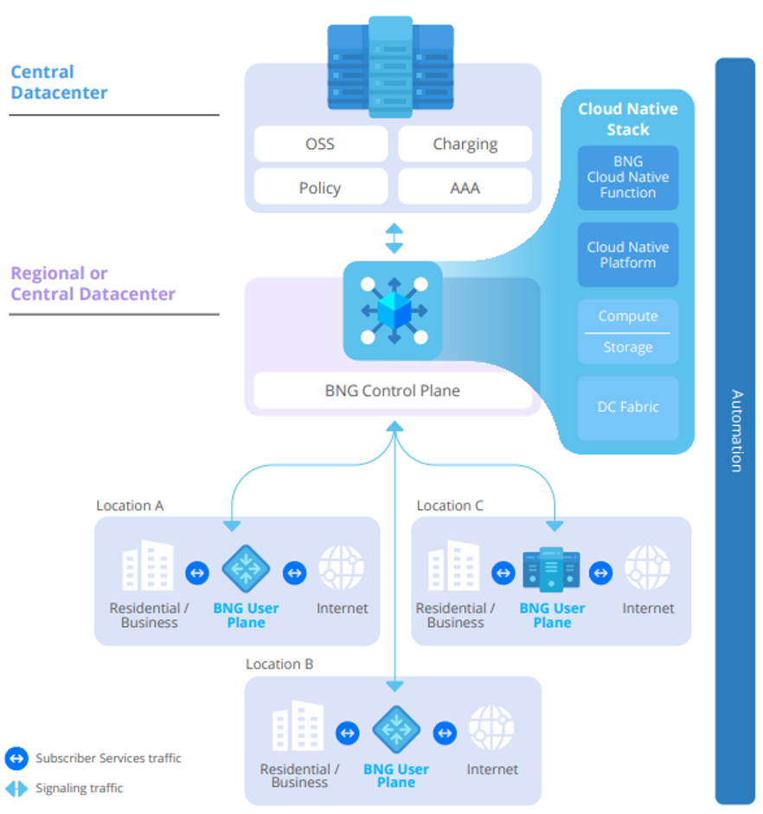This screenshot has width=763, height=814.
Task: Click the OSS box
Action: click(319, 144)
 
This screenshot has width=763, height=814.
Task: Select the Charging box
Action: click(465, 144)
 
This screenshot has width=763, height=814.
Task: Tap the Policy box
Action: click(319, 187)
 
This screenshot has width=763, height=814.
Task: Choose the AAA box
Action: click(465, 187)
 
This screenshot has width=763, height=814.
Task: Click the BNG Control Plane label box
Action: click(392, 391)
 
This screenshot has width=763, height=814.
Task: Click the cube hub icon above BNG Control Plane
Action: click(393, 310)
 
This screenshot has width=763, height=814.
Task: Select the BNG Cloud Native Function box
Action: click(627, 178)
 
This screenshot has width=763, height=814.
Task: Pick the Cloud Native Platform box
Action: click(627, 255)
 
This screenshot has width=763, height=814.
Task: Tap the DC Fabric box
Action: click(627, 406)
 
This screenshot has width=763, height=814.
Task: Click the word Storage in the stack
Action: click(627, 347)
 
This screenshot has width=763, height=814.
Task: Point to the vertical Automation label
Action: click(736, 430)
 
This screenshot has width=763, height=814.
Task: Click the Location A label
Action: click(130, 506)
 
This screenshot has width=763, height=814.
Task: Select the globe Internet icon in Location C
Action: click(647, 568)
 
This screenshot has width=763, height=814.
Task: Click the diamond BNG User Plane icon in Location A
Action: click(246, 568)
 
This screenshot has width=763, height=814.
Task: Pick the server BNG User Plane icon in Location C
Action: click(552, 570)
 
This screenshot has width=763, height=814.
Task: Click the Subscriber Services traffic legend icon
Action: click(16, 759)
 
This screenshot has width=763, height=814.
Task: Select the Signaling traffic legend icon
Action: click(16, 788)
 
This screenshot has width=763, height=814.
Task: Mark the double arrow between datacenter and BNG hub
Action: click(394, 238)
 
